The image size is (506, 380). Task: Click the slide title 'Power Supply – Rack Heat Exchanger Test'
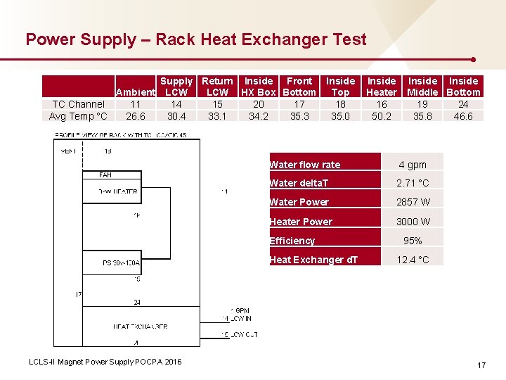196,39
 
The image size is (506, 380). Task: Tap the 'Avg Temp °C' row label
78,116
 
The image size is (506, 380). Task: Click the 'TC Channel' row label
78,104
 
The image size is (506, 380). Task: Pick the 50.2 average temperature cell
382,116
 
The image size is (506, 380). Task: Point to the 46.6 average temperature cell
463,116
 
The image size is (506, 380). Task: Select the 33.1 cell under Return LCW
217,116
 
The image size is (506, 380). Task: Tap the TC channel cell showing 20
259,104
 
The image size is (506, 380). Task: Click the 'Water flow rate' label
305,165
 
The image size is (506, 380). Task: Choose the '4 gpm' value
413,165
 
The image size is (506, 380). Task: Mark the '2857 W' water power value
413,202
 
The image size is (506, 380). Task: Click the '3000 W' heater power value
413,222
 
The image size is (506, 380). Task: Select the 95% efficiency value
413,241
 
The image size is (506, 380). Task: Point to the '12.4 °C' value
413,260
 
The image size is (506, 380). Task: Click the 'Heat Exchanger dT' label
313,260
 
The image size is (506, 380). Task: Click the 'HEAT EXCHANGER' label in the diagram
140,327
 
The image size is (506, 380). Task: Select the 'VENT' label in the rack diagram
68,151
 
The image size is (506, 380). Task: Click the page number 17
481,365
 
